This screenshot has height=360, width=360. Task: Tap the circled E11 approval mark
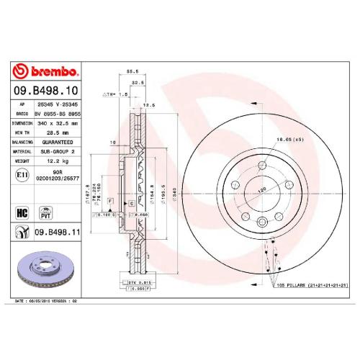pos(22,175)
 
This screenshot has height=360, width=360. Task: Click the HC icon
pos(22,213)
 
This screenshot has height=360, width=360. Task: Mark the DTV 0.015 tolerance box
pos(137,284)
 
